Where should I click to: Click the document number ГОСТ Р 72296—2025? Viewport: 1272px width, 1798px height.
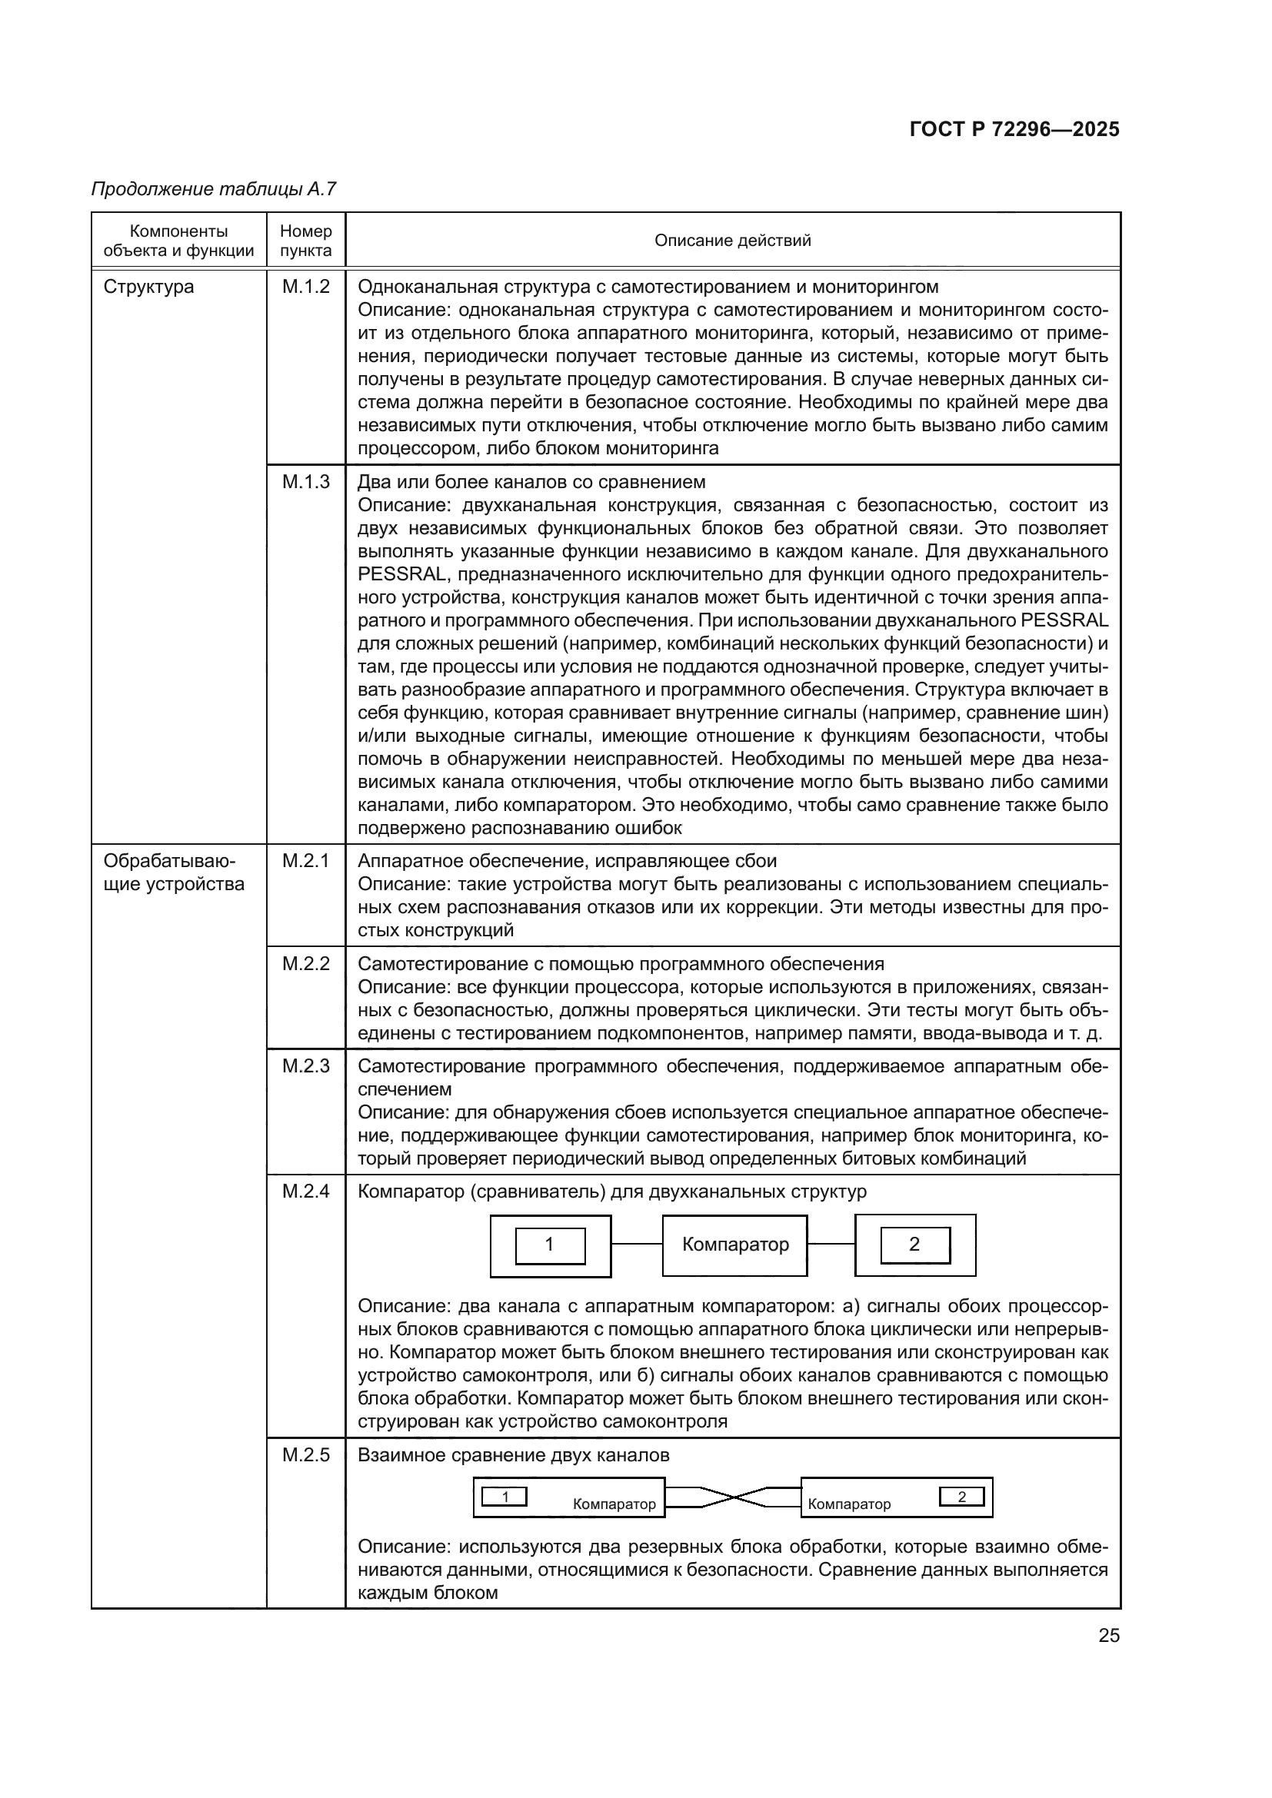1014,130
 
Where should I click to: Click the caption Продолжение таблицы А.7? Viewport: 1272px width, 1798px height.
214,189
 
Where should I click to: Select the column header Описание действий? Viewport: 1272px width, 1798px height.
732,241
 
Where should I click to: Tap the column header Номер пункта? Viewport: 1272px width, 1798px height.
305,241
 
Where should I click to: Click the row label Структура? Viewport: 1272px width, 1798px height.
149,287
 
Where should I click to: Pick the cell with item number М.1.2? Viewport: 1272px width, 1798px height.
305,287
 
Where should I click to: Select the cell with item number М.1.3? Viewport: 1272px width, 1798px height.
305,482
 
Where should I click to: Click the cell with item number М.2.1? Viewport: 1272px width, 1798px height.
305,861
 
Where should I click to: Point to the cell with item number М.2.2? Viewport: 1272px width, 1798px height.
305,963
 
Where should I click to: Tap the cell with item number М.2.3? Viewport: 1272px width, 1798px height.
305,1065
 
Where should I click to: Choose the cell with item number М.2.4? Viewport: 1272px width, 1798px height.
305,1191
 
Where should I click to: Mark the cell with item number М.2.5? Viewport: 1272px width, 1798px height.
305,1455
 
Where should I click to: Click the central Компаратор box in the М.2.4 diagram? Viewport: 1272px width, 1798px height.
734,1245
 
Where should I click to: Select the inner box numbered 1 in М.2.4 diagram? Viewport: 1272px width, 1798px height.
550,1245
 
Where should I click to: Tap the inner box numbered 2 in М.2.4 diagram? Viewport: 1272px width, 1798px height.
915,1245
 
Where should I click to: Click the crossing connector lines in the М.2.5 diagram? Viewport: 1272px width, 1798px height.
733,1497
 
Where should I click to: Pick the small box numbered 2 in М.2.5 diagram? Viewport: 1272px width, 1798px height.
962,1497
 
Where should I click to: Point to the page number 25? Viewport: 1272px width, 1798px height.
1108,1635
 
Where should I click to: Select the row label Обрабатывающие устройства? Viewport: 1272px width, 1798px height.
173,872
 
